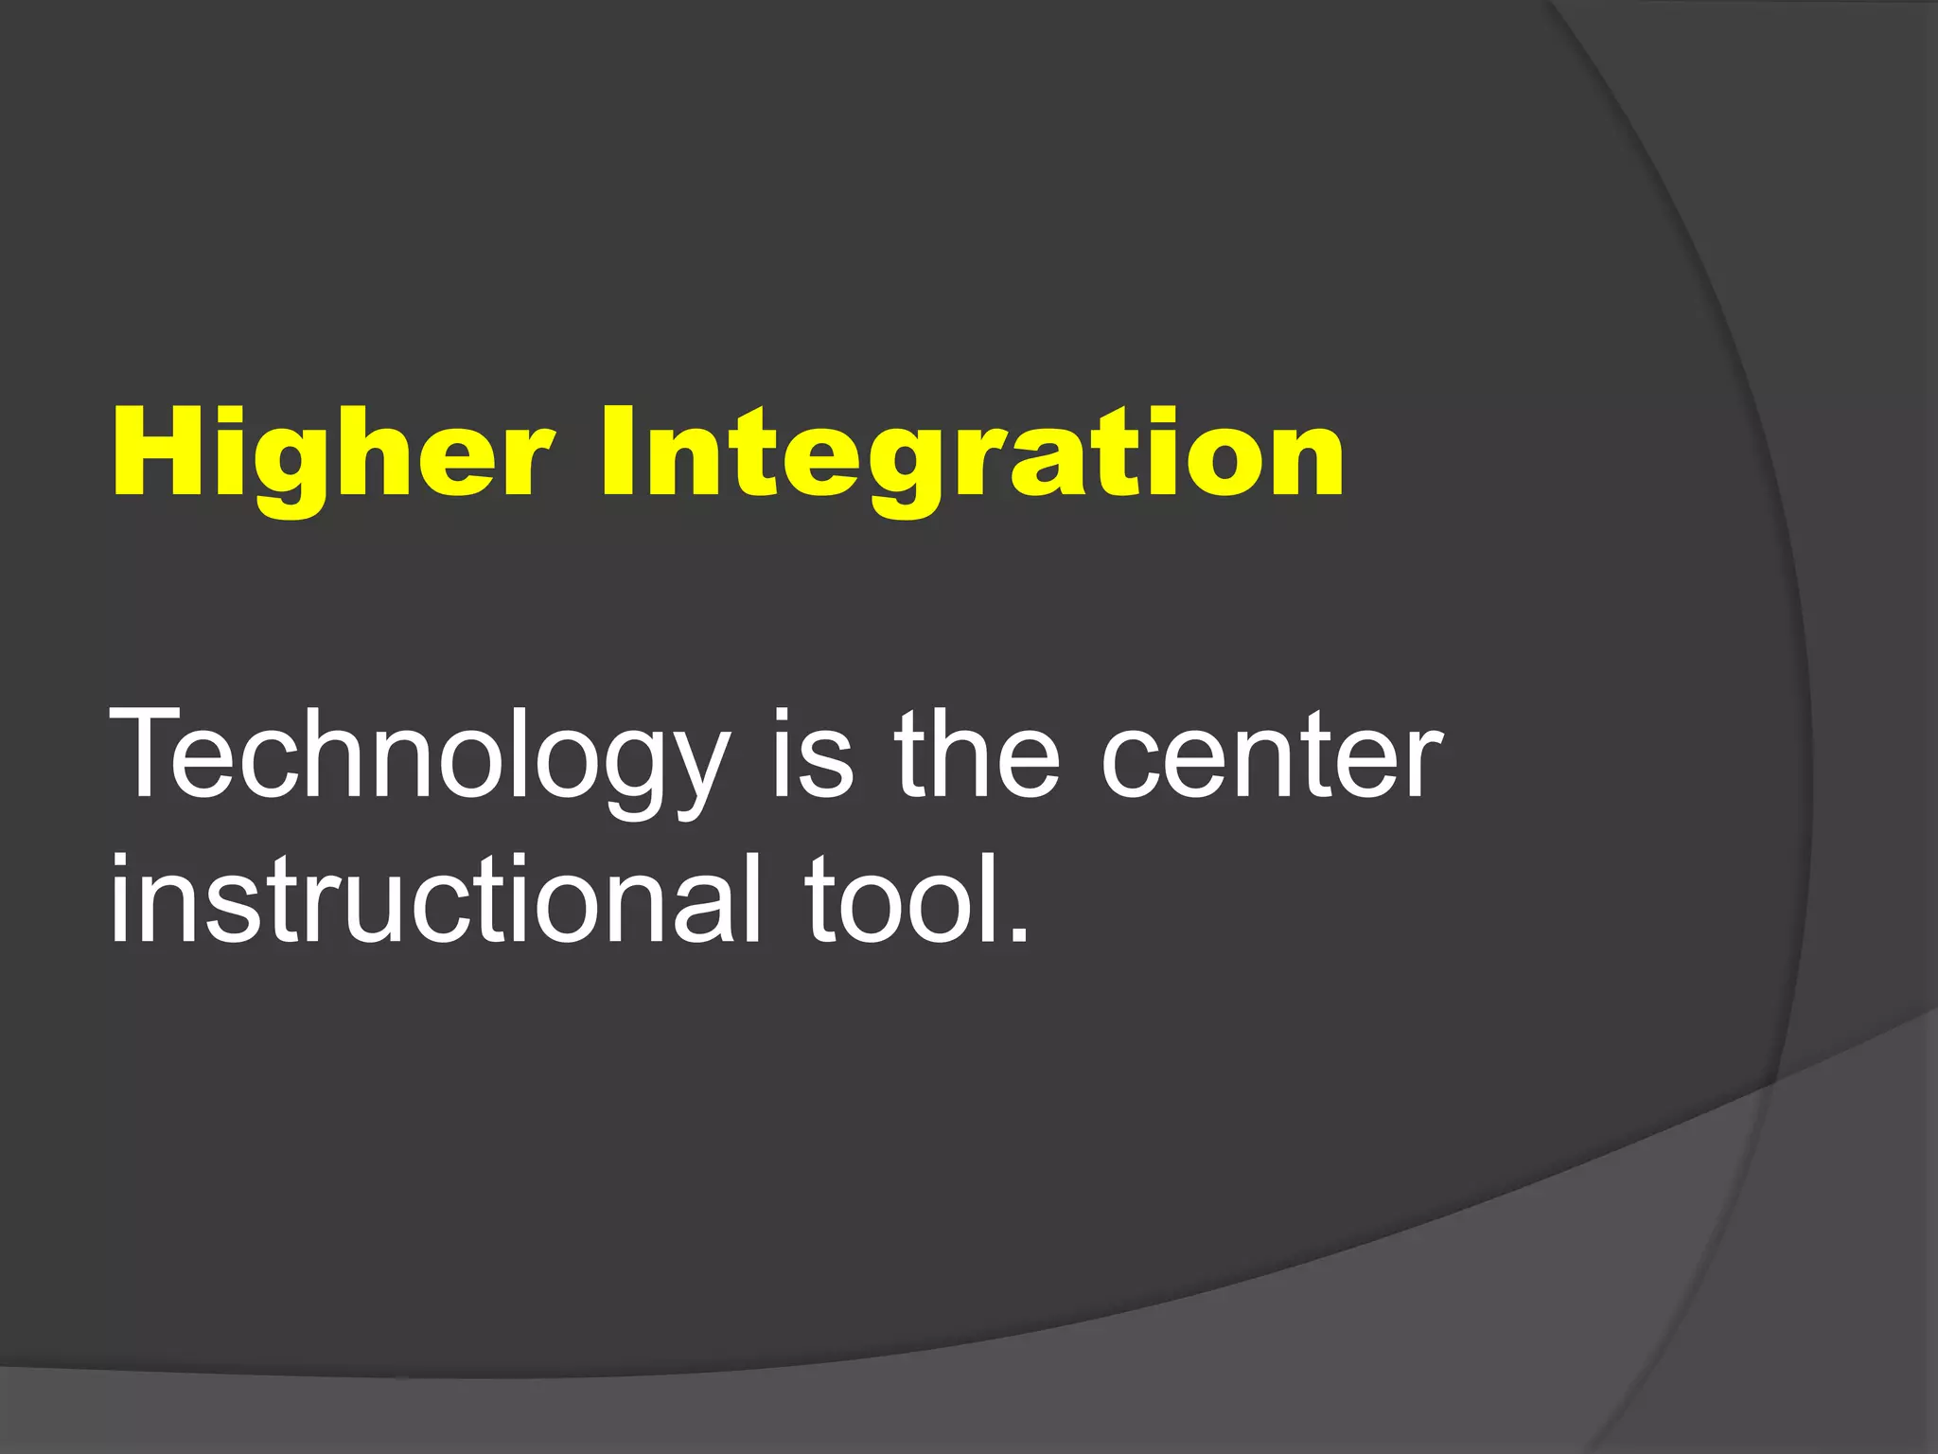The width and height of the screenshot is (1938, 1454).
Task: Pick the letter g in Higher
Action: click(286, 469)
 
